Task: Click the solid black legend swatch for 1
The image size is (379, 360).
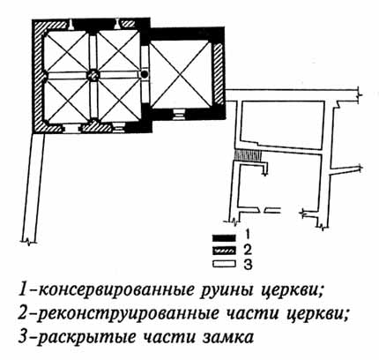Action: (x=224, y=237)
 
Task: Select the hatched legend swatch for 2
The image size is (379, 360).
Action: (x=224, y=251)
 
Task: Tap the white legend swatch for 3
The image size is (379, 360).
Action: (x=224, y=264)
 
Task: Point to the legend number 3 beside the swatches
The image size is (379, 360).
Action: (x=248, y=265)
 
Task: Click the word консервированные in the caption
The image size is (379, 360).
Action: (x=115, y=291)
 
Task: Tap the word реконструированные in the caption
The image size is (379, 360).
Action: (x=129, y=315)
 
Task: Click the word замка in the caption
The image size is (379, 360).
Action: (x=228, y=337)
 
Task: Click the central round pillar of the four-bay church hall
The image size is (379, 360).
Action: (x=93, y=75)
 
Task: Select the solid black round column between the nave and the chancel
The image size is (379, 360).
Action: (x=145, y=74)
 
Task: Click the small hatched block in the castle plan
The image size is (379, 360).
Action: (x=248, y=155)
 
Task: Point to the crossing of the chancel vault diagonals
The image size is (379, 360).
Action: (x=181, y=75)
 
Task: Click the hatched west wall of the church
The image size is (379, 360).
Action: (x=39, y=77)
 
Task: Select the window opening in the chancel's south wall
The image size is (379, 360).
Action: (x=179, y=114)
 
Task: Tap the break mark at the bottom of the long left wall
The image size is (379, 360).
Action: (x=28, y=241)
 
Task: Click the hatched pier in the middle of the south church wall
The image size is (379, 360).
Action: (x=97, y=127)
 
